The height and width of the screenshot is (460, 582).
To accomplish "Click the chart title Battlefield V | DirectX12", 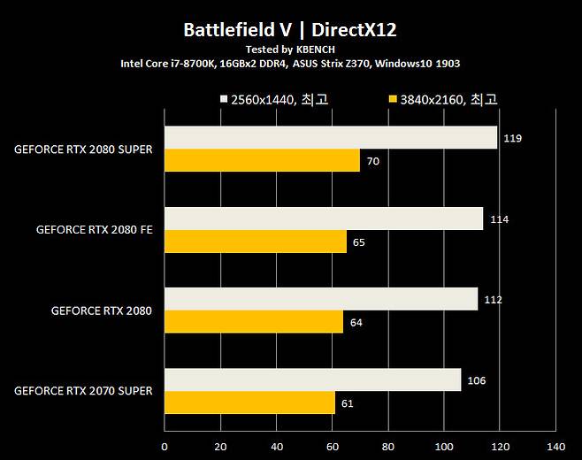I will pos(290,30).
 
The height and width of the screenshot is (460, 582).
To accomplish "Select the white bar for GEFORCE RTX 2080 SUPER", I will pos(331,137).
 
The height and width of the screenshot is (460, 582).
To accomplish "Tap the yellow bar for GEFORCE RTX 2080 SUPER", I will pos(262,160).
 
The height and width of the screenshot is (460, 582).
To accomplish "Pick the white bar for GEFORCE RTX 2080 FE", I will pos(324,218).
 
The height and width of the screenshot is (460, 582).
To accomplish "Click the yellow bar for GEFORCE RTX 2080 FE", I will pos(255,241).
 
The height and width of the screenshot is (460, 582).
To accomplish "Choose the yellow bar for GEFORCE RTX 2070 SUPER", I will pos(249,403).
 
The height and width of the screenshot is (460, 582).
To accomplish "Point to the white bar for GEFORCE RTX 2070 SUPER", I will pos(312,380).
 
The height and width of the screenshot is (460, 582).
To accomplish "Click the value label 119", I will pos(511,139).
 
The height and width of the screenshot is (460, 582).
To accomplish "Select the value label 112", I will pos(493,300).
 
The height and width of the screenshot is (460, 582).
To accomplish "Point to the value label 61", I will pos(347,403).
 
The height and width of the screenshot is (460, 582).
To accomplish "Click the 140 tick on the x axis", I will pos(556,446).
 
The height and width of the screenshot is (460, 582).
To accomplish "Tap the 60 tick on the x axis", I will pos(333,446).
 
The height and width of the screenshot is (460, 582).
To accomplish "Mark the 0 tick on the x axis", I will pos(165,446).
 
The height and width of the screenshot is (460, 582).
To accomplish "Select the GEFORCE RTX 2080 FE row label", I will pos(94,230).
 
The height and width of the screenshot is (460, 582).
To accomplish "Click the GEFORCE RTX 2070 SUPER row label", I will pos(83,391).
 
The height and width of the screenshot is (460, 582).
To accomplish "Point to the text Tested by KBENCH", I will pos(290,50).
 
